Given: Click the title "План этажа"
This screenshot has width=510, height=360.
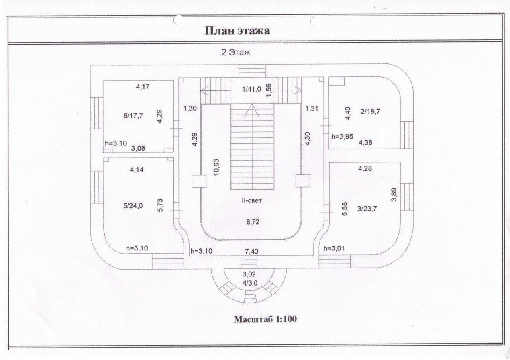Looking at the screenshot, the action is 237,31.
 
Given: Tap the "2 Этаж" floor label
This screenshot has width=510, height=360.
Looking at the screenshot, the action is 235,53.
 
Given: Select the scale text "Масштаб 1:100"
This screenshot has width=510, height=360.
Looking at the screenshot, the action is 265,319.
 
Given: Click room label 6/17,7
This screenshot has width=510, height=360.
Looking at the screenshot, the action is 133,116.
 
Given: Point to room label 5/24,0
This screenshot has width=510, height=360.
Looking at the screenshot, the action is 133,206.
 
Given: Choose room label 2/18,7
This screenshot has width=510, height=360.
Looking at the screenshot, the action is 371,112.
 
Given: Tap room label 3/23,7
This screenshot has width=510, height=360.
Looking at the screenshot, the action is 367,209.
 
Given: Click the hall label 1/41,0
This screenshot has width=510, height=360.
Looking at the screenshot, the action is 251,89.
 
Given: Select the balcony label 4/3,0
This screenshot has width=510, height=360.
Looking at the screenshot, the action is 250,283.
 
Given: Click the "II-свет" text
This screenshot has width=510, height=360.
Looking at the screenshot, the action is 251,200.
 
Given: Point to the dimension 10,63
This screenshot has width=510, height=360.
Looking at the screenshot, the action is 216,167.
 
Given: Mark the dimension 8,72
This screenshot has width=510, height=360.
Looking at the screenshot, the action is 253,222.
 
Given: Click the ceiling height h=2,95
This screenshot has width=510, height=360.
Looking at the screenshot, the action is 342,137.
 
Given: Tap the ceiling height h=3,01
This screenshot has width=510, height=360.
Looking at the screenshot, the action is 334,248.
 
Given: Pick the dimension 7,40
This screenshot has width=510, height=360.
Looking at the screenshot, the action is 251,251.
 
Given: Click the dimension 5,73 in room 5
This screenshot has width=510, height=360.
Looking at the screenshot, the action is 160,205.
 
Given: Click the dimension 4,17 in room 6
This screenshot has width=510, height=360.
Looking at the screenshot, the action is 143,86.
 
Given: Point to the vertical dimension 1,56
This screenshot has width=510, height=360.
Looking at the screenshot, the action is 269,90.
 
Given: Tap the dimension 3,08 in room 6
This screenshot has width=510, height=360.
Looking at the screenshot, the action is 138,149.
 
